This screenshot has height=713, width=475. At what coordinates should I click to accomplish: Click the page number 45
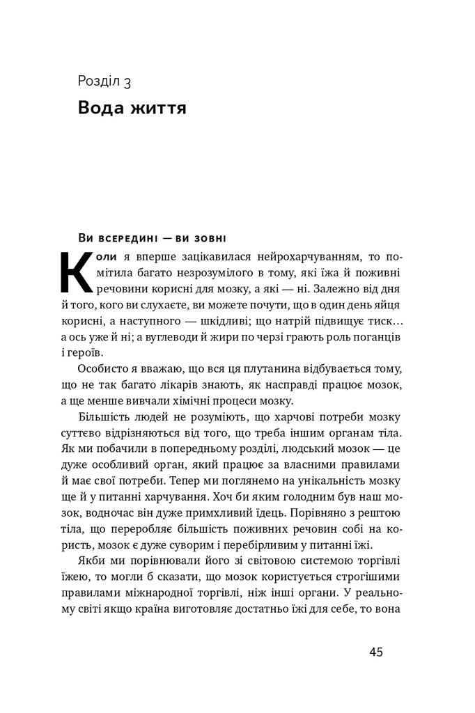coord(375,652)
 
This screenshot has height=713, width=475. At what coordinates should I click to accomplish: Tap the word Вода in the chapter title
coord(102,109)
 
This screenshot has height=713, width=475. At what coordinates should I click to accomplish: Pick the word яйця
coord(384,304)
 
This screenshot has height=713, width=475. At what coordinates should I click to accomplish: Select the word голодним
coord(280,494)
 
